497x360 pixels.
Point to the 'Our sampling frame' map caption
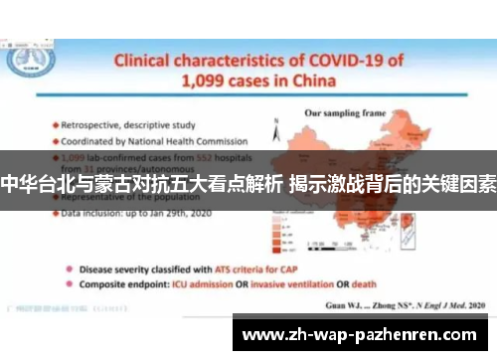[x=344, y=112]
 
